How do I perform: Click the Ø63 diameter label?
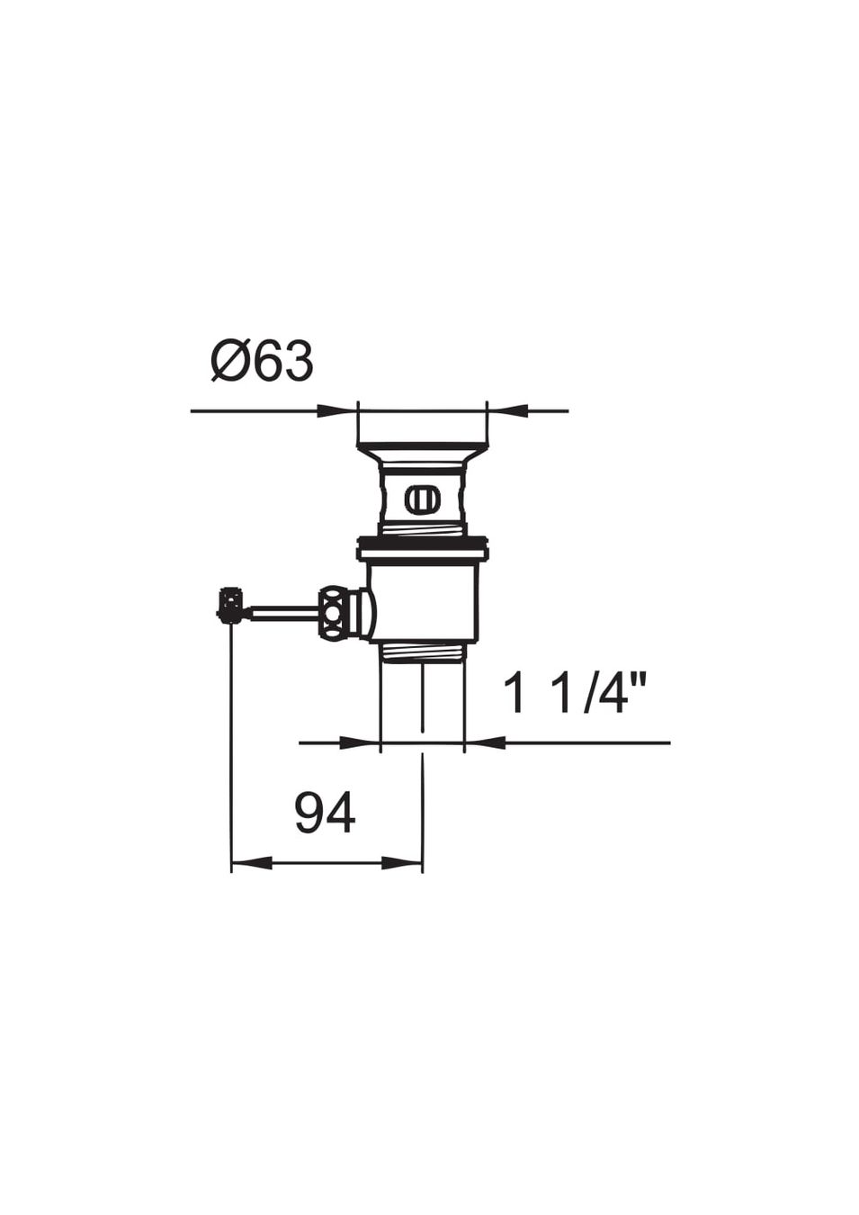click(x=262, y=361)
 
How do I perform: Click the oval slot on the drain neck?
click(x=422, y=498)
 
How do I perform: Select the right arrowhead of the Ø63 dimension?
click(x=507, y=411)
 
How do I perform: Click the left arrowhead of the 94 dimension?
click(x=252, y=863)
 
